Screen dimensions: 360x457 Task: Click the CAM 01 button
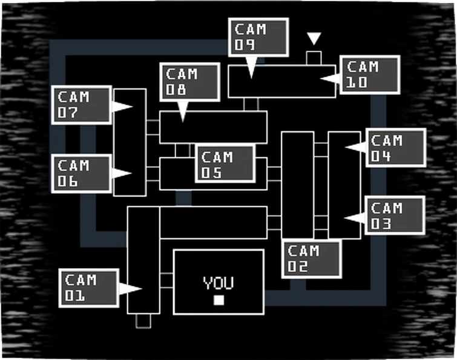[88, 288]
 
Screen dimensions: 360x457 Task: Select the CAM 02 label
[311, 258]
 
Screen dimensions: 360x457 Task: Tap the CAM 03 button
[395, 215]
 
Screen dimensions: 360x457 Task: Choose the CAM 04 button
[396, 148]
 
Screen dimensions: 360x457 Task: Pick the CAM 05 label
[225, 164]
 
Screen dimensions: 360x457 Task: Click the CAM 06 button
[81, 174]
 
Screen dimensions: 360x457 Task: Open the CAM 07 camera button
[81, 105]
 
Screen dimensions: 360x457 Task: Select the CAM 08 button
[189, 82]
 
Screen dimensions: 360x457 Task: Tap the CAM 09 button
[258, 38]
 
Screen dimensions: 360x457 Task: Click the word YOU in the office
[219, 283]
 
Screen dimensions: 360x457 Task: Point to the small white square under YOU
[219, 300]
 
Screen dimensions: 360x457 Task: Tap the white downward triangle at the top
[314, 39]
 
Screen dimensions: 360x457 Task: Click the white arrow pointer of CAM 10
[330, 78]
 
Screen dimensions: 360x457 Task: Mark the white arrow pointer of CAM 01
[129, 289]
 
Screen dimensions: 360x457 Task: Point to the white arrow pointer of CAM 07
[122, 106]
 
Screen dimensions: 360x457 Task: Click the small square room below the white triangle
[314, 58]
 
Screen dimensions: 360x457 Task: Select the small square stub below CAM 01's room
[143, 321]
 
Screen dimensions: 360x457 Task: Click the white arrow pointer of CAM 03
[354, 218]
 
